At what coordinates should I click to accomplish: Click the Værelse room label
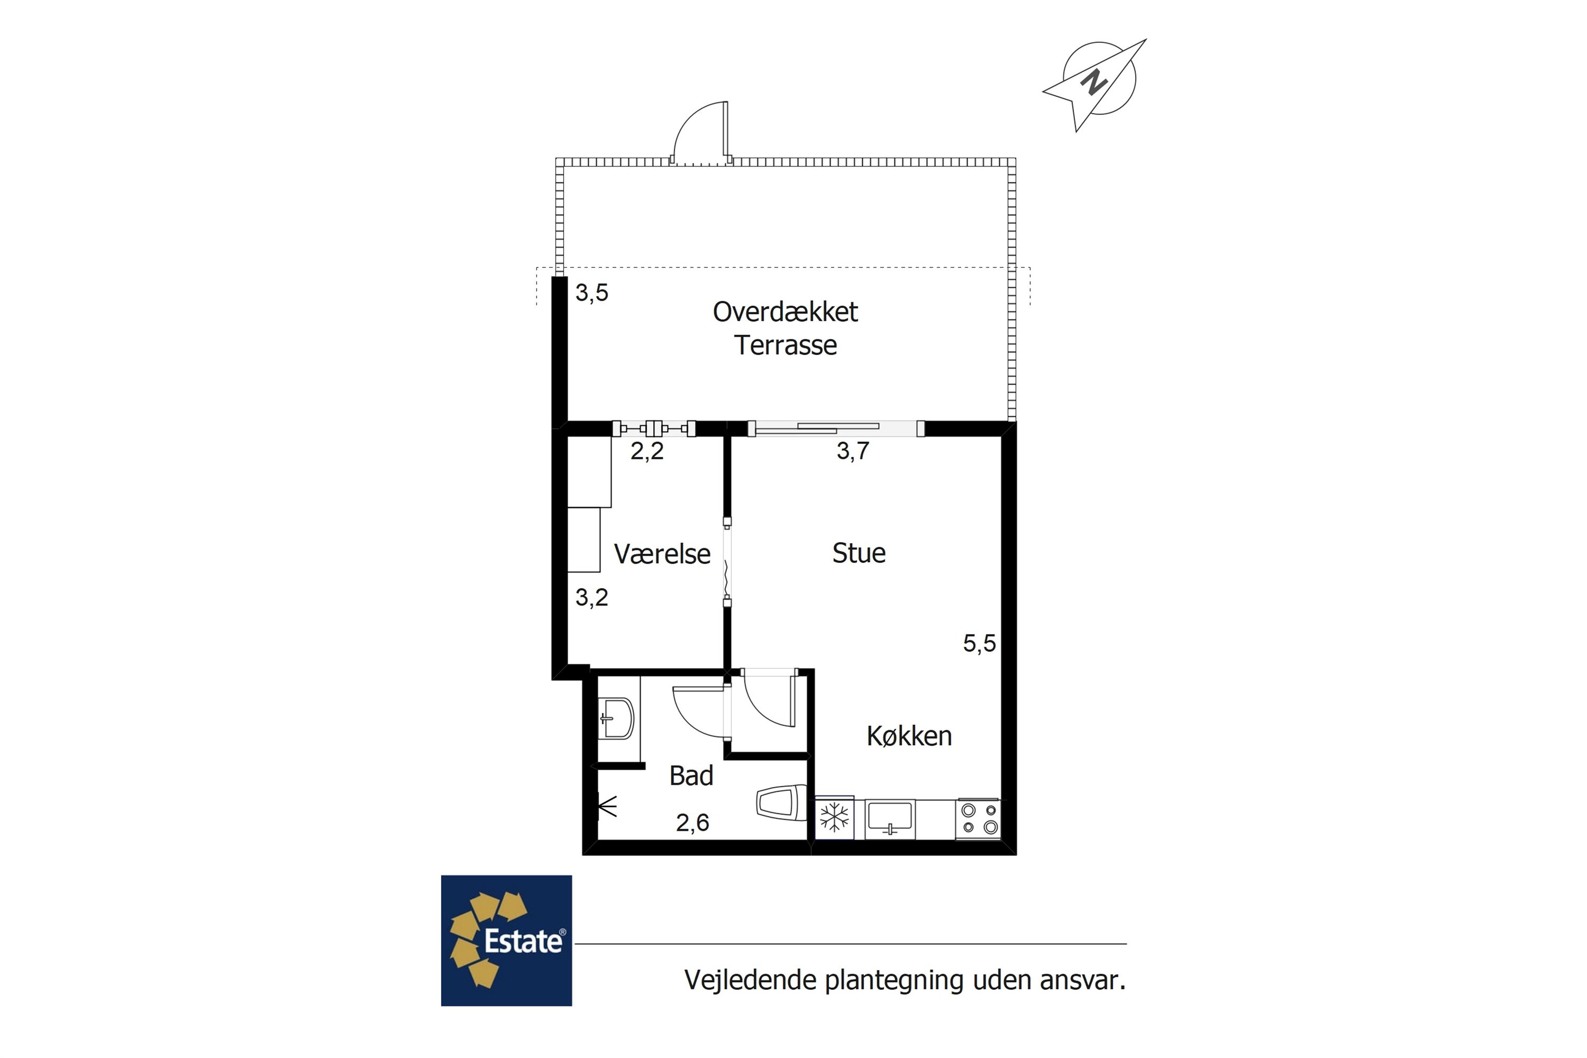661,554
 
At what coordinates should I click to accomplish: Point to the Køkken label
909,736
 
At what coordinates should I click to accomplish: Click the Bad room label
691,776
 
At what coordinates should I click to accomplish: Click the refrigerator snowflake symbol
835,818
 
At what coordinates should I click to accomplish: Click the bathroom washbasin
617,718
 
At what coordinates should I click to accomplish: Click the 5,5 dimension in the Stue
979,644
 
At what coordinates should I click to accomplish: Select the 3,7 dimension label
853,451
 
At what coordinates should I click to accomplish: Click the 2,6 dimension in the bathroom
692,823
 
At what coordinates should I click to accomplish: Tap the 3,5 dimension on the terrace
592,293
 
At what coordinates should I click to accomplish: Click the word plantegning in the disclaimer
894,980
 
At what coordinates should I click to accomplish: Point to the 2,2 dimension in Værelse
647,451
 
